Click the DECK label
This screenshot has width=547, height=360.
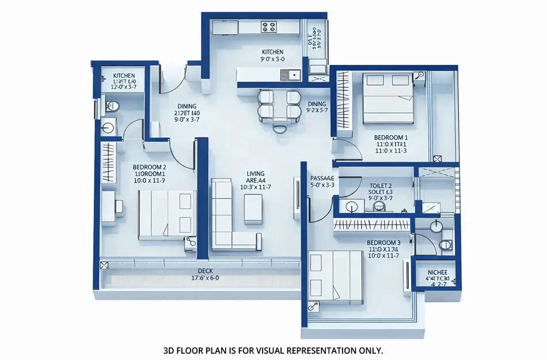[206, 270]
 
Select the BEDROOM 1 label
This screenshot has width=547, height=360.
[390, 138]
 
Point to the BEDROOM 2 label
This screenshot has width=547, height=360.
[149, 166]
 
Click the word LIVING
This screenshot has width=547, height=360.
[255, 173]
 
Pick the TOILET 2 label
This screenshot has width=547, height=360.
[381, 185]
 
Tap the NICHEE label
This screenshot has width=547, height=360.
[438, 272]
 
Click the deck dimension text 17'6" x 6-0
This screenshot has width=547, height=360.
[206, 278]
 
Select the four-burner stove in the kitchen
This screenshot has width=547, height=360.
[269, 26]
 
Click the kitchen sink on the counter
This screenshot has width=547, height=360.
[290, 74]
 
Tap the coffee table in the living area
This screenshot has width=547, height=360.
[253, 209]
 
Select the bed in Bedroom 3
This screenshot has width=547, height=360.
[336, 277]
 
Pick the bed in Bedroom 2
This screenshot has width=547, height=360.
[166, 214]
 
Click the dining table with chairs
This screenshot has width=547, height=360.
[279, 106]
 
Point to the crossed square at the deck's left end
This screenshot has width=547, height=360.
[105, 266]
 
